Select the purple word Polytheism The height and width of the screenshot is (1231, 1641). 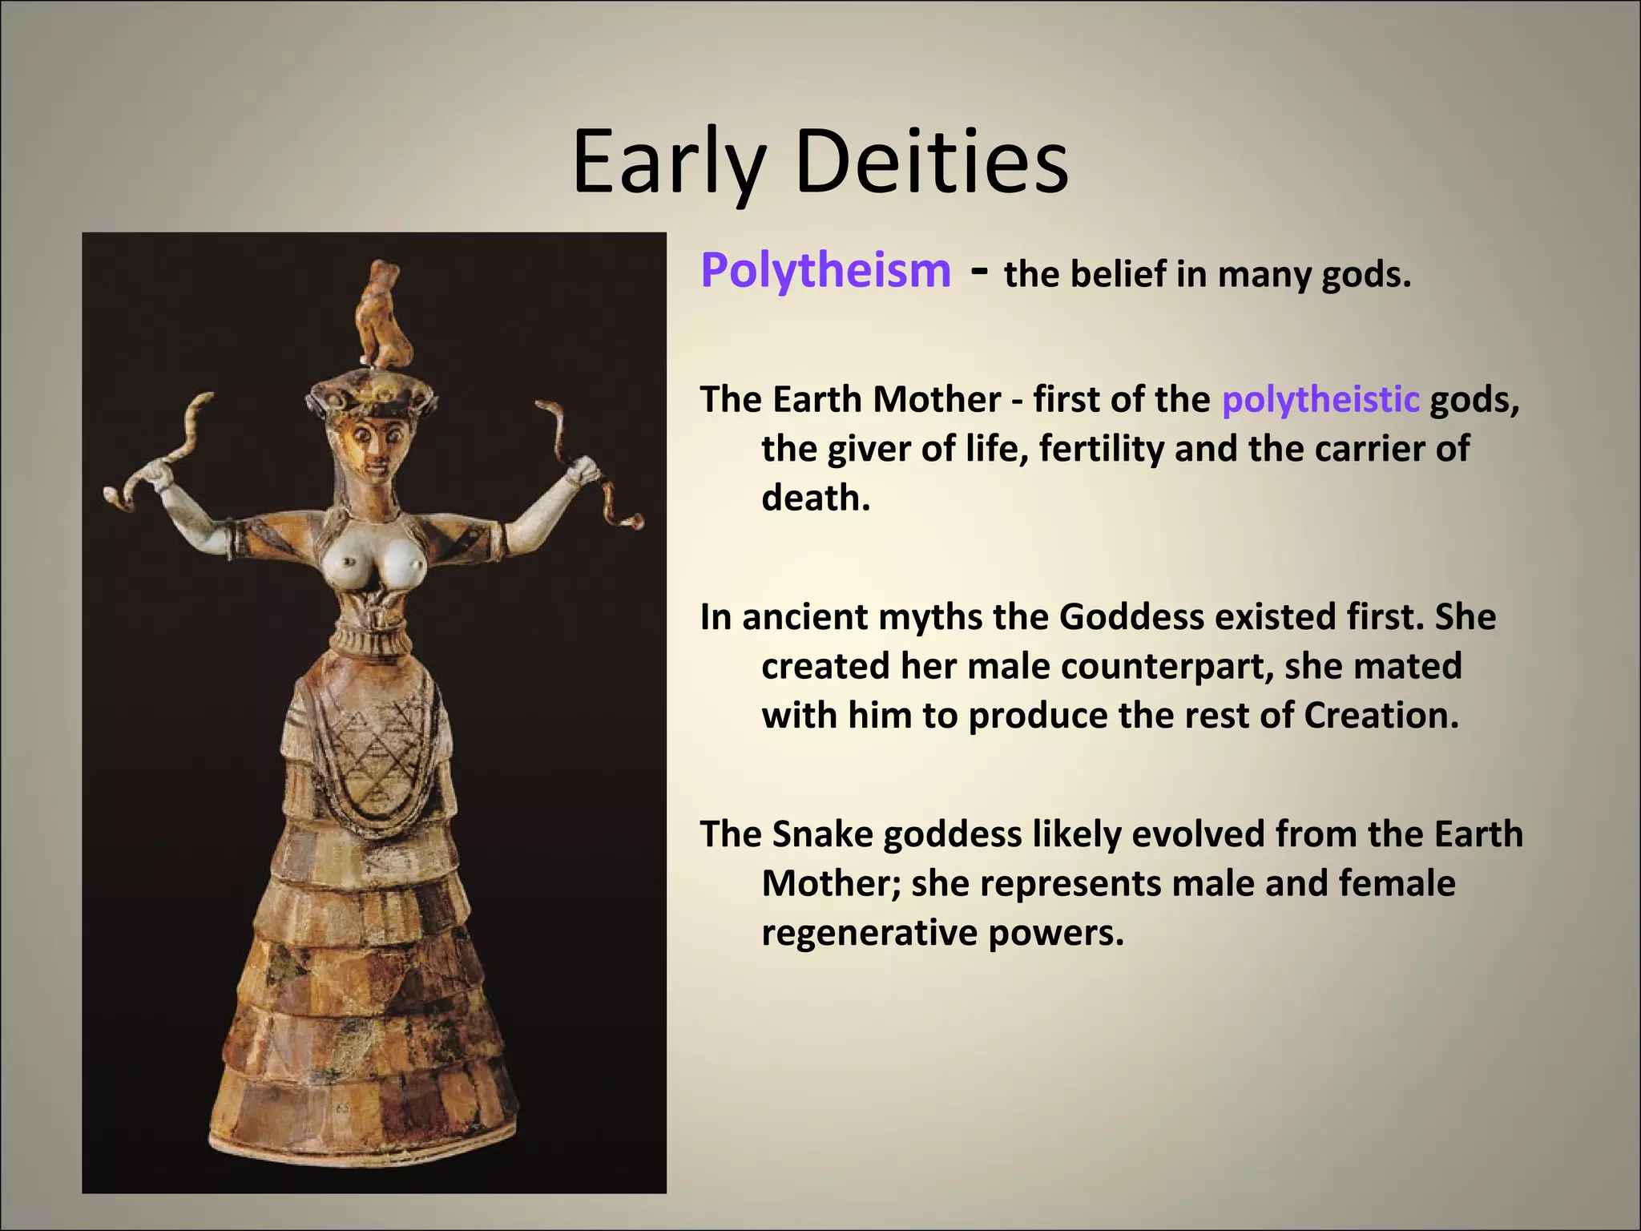tap(825, 271)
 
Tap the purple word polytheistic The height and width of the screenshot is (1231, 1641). tap(1320, 399)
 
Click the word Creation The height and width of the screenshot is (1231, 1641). tap(1381, 716)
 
